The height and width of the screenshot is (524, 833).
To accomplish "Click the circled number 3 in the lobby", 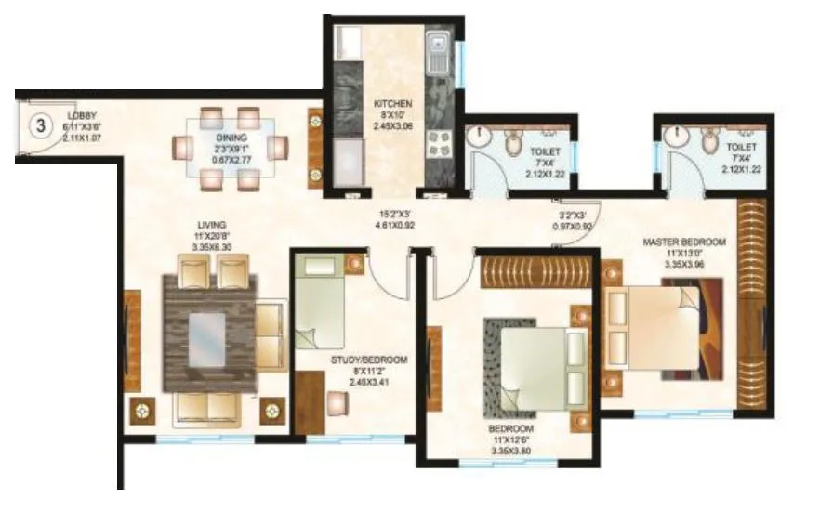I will pos(41,125).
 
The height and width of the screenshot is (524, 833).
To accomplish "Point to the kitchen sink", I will pos(437,51).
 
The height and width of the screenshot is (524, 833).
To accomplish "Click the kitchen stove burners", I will pos(437,143).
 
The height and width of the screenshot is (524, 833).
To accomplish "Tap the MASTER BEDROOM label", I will pos(684,242).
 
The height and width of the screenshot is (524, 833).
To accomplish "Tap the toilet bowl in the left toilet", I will pos(515,142).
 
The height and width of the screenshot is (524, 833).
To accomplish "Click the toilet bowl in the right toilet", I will pos(711,141).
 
